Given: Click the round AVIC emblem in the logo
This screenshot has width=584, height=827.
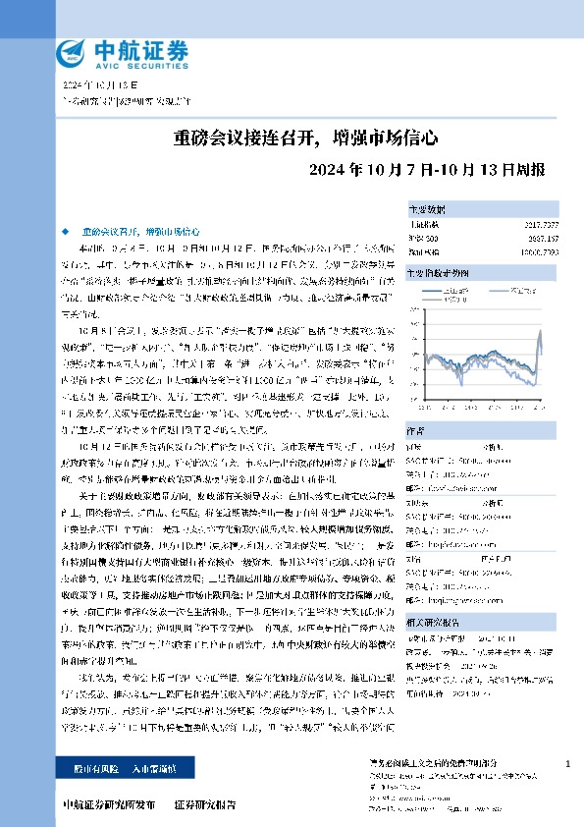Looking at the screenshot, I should [x=71, y=52].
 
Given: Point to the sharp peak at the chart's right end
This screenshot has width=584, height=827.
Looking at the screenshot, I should [x=540, y=340].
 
